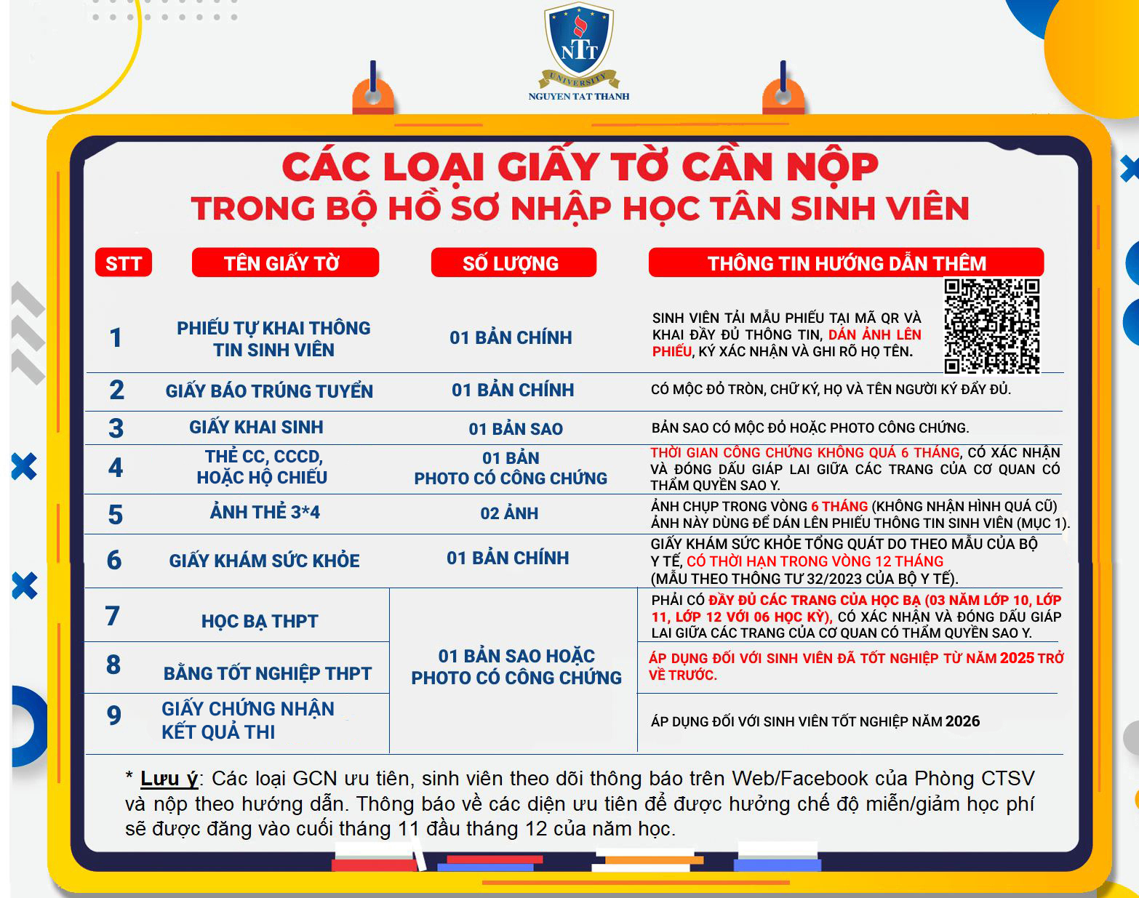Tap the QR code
click(991, 326)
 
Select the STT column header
click(123, 263)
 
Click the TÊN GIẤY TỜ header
click(284, 263)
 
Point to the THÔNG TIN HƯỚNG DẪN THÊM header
click(846, 263)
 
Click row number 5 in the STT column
click(115, 515)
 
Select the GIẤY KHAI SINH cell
click(256, 428)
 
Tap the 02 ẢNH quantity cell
click(509, 513)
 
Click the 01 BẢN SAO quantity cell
click(516, 429)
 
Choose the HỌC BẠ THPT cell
click(260, 622)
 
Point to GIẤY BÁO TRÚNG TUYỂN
click(269, 391)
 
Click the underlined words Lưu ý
click(169, 779)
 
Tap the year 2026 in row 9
click(962, 721)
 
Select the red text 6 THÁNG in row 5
click(839, 506)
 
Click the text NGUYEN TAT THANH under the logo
click(579, 96)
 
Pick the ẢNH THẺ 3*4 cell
click(265, 513)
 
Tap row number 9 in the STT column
click(114, 716)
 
